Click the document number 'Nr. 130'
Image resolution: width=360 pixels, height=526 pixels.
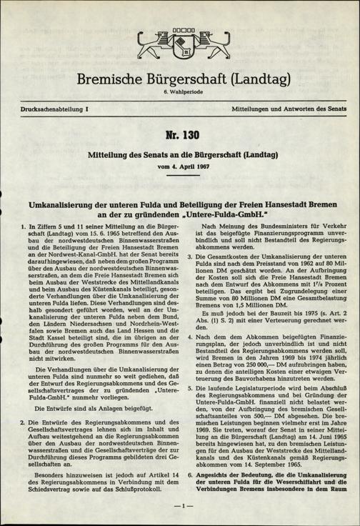pos(180,136)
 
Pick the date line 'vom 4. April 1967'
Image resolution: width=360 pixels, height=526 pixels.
pos(180,165)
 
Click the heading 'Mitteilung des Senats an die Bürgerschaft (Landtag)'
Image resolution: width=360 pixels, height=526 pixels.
pos(180,154)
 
